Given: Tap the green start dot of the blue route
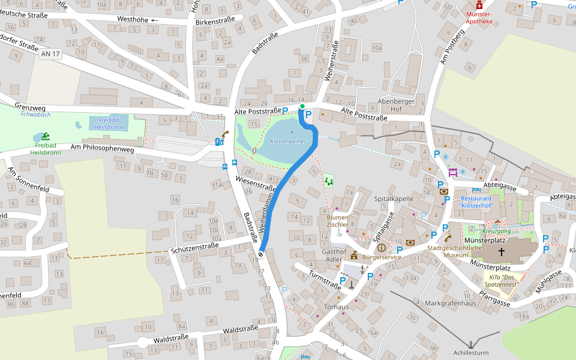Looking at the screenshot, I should pos(302,106).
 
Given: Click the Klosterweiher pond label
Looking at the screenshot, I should pos(288,142).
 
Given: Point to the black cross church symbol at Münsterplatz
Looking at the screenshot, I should pos(501,251).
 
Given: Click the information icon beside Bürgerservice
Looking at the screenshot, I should pos(381,247).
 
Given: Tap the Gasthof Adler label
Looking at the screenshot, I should pos(335,256).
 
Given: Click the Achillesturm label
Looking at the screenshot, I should pos(471,353).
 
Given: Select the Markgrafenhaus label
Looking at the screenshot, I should pos(449,304).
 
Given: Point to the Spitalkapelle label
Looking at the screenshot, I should pos(394,198).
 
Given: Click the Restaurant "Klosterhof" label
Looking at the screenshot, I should pos(477,202).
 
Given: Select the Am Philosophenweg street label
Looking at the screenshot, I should pos(101,147).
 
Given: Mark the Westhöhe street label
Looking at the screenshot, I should pos(128,20).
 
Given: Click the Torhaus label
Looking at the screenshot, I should pos(336,307).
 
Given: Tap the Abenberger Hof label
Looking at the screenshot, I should pos(397,106).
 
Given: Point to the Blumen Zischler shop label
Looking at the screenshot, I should pos(337,221).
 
